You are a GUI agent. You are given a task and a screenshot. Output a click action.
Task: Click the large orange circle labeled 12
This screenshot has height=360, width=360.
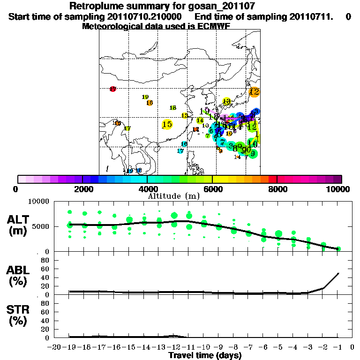255,92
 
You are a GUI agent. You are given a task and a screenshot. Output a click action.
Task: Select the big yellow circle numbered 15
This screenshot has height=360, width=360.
167,124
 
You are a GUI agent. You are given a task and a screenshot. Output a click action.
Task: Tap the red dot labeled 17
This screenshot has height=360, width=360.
112,89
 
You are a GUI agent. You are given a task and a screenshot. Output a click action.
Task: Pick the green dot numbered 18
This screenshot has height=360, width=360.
173,108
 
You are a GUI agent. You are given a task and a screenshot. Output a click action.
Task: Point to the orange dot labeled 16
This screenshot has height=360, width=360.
150,103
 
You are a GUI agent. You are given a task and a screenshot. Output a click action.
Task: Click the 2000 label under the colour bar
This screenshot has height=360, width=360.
82,189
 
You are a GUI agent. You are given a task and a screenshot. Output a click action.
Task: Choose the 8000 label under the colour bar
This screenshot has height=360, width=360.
277,189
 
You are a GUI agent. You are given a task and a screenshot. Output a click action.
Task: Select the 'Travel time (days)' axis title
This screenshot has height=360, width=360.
205,356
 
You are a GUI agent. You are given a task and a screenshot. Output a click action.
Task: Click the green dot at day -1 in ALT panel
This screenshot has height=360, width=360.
338,248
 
